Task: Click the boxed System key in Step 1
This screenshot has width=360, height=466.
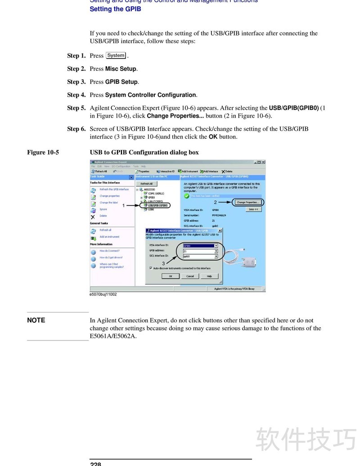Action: pos(116,55)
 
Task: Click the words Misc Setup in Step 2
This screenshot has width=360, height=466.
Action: pos(121,69)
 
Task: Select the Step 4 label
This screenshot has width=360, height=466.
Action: pos(76,95)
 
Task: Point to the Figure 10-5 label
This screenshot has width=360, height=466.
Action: pos(43,152)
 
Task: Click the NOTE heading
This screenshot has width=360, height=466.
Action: pos(36,320)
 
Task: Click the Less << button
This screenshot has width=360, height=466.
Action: pos(253,209)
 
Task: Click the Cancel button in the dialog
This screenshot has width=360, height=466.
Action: pos(190,276)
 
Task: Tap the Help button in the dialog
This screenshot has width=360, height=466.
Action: pos(209,276)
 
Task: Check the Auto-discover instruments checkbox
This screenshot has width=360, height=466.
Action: pos(151,268)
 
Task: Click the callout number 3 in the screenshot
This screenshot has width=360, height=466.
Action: pos(163,263)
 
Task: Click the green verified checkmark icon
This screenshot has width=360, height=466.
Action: pos(187,196)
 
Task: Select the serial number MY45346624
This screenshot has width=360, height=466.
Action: pos(219,215)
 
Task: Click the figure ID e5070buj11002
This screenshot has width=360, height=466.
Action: pos(103,294)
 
